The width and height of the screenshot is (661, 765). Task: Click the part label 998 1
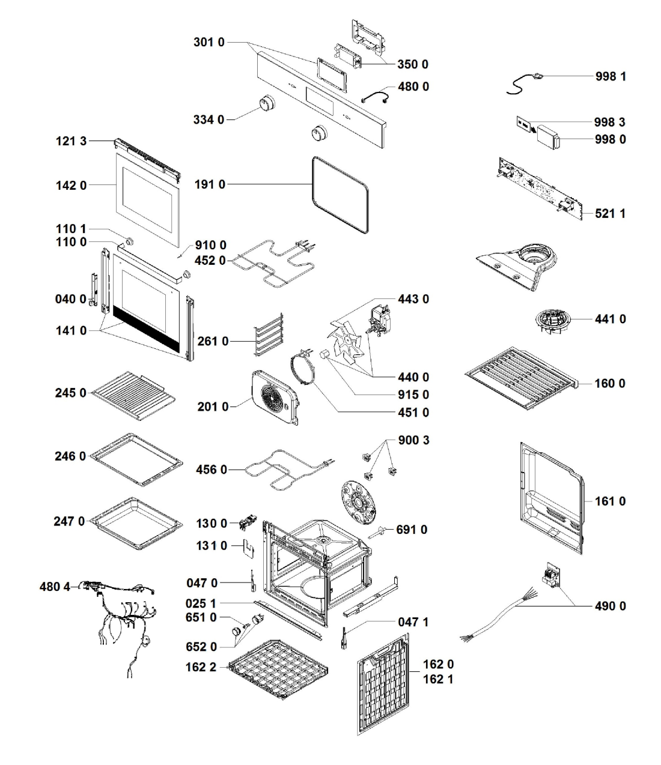610,77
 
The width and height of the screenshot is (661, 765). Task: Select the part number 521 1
610,213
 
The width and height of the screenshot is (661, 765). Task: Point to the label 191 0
210,185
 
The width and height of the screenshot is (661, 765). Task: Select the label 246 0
70,456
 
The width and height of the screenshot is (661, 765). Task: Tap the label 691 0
412,530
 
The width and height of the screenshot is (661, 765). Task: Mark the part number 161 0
610,501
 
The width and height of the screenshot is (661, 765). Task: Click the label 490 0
610,606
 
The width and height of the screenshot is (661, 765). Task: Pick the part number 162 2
201,667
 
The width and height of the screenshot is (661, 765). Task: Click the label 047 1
413,622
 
